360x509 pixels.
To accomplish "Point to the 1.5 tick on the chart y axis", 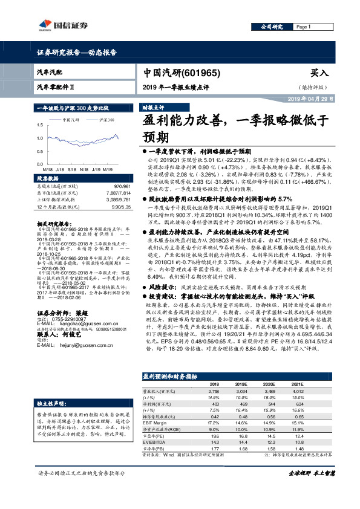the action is click(41, 124).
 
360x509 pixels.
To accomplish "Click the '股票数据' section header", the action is click(48, 180).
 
